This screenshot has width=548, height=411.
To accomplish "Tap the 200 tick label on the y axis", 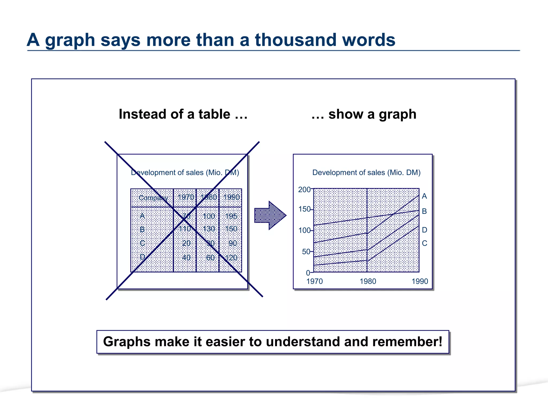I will [304, 190].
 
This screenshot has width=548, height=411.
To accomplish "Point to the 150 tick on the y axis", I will [304, 209].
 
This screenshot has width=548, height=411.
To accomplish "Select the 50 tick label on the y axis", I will [306, 252].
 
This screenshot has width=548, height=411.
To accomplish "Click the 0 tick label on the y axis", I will [308, 273].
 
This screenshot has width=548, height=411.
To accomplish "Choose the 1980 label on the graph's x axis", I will [368, 281].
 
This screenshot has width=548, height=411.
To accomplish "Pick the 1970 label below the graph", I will [314, 281].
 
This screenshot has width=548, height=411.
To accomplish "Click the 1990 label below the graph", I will [420, 281].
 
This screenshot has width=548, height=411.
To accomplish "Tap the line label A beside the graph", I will [424, 196].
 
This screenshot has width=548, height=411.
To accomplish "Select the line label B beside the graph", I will [424, 211].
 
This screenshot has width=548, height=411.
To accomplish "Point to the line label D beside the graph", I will [424, 230].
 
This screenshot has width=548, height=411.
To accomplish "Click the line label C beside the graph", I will [424, 243].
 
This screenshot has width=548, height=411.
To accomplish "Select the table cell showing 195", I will [231, 216].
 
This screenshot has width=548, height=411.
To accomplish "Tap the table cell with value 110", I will [185, 229].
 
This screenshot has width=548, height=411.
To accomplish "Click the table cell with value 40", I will [186, 258].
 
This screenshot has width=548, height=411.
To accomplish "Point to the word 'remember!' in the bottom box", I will [407, 342].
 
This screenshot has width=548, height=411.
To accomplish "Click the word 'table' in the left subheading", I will [214, 114].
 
